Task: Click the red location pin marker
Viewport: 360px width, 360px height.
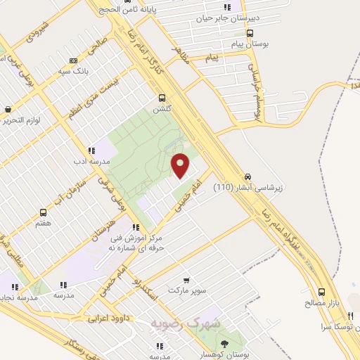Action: tap(181, 165)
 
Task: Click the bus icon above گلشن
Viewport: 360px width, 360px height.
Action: tap(162, 98)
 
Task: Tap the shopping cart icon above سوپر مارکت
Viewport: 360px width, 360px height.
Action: tap(186, 280)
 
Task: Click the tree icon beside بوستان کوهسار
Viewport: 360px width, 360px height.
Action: tap(224, 343)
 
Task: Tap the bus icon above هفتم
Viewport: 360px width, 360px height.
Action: tap(44, 212)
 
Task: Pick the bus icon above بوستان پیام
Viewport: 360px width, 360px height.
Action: tap(250, 33)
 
